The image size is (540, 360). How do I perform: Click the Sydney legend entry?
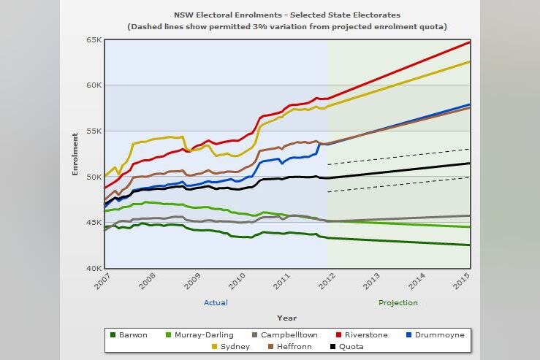[x=230, y=347]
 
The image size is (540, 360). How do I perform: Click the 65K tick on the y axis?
[x=93, y=39]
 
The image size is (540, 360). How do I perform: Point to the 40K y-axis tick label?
[x=93, y=269]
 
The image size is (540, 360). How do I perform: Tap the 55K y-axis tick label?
[x=93, y=131]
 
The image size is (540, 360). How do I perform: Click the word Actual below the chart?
[x=216, y=302]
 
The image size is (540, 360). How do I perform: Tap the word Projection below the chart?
[x=398, y=302]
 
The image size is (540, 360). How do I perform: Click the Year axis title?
[x=286, y=318]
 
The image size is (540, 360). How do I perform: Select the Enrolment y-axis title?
[x=75, y=154]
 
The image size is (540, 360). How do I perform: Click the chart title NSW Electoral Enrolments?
[x=286, y=15]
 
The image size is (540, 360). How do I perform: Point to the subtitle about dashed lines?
[x=286, y=26]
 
